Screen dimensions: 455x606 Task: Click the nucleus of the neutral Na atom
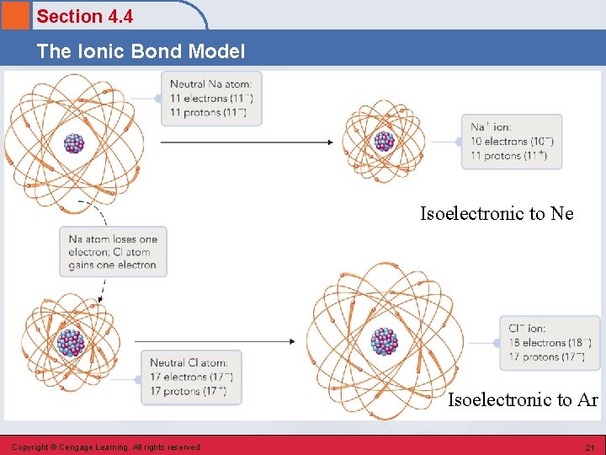(x=74, y=142)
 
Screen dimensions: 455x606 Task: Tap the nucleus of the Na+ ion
(x=384, y=142)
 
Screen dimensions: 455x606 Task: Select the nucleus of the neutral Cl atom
(x=71, y=342)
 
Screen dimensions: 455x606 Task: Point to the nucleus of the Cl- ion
(x=385, y=341)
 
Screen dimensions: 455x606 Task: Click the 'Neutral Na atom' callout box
(x=211, y=98)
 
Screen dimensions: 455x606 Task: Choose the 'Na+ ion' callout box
(x=512, y=142)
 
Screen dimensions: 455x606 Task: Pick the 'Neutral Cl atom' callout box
(x=191, y=377)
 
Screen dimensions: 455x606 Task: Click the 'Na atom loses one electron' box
(x=113, y=252)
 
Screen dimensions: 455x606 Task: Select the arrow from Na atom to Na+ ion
(x=247, y=142)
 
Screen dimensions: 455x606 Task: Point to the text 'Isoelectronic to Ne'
(x=497, y=214)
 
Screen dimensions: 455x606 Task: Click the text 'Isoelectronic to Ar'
(x=522, y=400)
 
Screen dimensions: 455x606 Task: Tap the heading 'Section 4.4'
(x=84, y=16)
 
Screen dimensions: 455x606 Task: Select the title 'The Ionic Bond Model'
(x=141, y=51)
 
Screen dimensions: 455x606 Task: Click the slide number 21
(x=589, y=447)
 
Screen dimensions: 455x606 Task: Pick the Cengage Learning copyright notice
(x=106, y=447)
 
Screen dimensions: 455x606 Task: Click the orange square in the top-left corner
(x=16, y=16)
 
